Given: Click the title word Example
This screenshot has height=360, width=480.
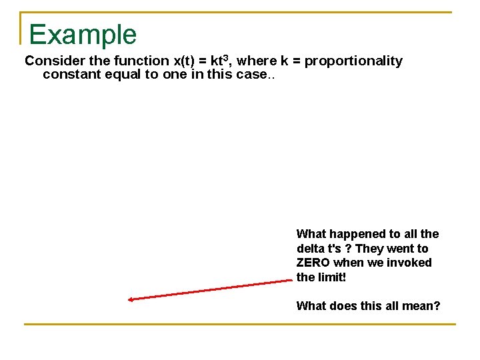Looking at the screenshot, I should (83, 35).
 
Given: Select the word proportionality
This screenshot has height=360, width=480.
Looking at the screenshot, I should (353, 61).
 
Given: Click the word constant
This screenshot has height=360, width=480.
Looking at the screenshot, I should (72, 75).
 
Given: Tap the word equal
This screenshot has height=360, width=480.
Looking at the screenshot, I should (123, 75).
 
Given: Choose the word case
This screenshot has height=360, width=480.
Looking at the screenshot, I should (252, 75).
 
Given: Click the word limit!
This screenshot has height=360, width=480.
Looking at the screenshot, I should (331, 277).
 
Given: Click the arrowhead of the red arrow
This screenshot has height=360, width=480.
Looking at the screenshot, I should (131, 299).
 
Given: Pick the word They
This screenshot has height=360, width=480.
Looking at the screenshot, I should (370, 249).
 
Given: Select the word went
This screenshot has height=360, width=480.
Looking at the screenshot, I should (402, 249).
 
